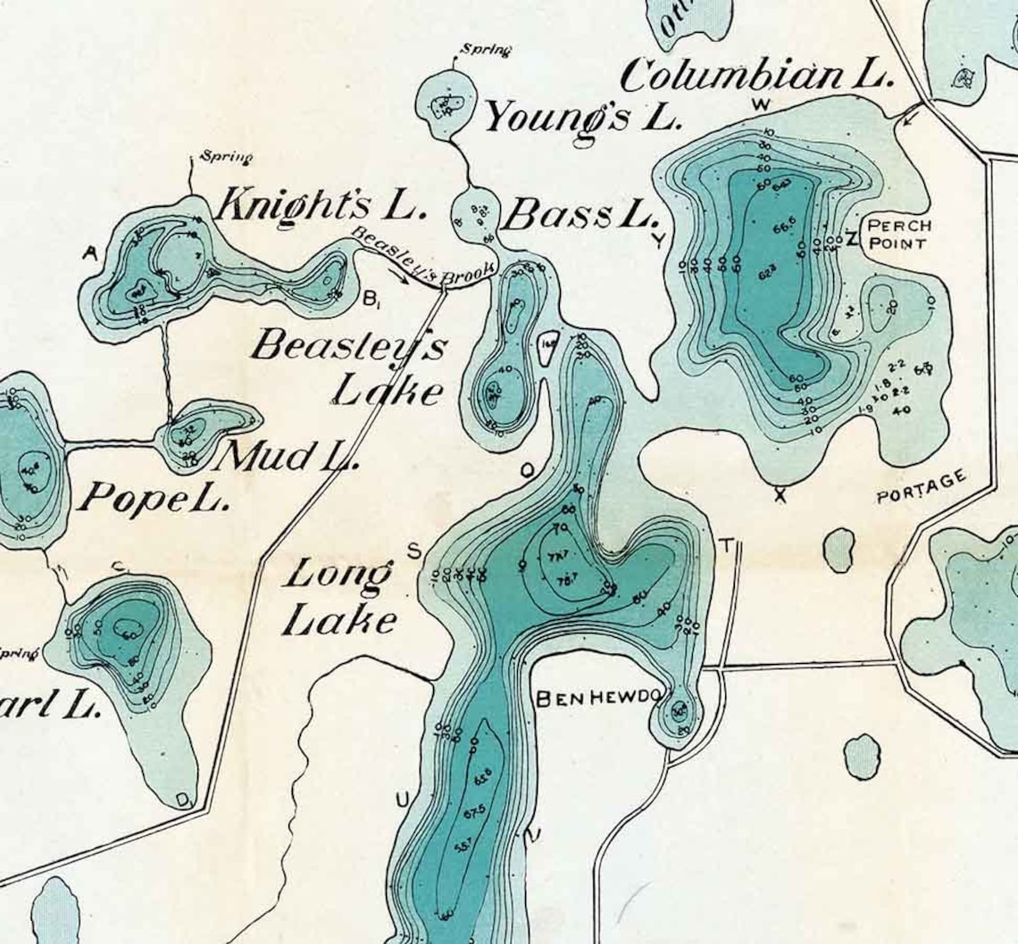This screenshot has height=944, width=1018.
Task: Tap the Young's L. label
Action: [x=582, y=116]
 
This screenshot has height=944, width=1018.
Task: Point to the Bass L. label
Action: [x=580, y=216]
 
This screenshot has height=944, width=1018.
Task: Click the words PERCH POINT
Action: [x=899, y=235]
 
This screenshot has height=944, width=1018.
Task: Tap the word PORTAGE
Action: [x=922, y=487]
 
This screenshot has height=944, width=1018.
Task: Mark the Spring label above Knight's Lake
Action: [x=226, y=158]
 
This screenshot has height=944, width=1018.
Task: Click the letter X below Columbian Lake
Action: [x=780, y=495]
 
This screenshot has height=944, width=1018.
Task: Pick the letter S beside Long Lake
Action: [x=414, y=551]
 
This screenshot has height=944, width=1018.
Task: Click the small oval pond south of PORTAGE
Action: [x=839, y=550]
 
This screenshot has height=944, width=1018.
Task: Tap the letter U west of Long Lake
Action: [x=402, y=799]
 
